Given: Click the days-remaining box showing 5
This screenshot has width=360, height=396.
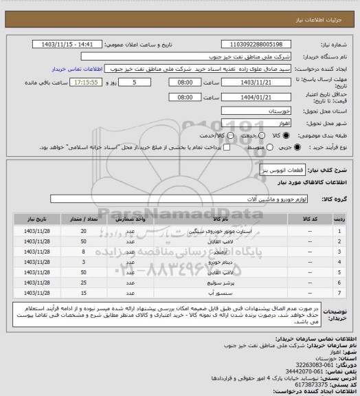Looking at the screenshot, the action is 143,82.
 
